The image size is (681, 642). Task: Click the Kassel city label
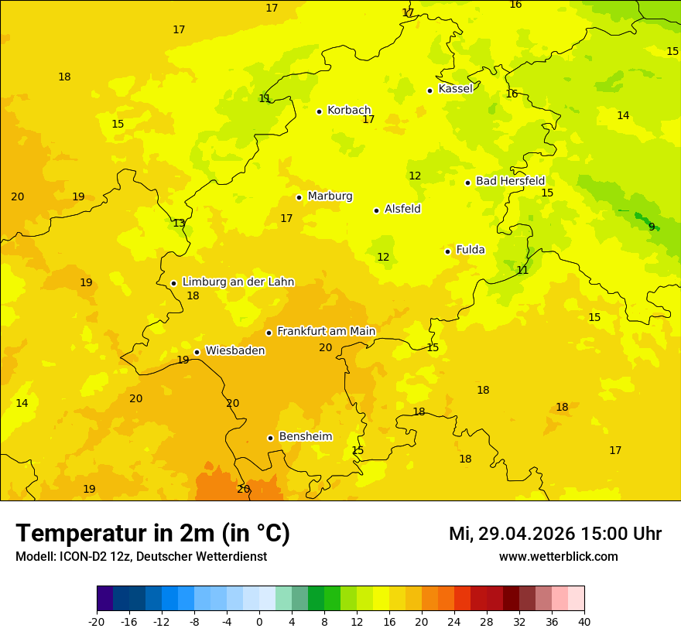tap(455, 89)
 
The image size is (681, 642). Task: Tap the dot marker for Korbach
tap(319, 111)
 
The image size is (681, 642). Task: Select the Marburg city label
tap(330, 196)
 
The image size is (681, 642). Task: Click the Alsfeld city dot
tap(376, 210)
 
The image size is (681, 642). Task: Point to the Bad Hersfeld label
tap(510, 181)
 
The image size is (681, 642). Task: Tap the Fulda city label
tap(471, 250)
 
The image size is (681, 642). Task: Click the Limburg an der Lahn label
tap(238, 282)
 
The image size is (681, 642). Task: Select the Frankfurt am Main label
tap(326, 331)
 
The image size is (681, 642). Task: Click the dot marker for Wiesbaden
tap(197, 352)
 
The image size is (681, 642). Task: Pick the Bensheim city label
tap(305, 436)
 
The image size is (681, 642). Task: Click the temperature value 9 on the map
tap(652, 227)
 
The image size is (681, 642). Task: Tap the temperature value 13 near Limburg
tap(179, 224)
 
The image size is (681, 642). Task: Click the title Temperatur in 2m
tap(152, 534)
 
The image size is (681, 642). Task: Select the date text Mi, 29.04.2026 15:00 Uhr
tap(555, 534)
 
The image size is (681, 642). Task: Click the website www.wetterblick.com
tap(558, 557)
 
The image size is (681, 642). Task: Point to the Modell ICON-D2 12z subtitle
tap(141, 557)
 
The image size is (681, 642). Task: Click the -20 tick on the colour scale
tap(97, 622)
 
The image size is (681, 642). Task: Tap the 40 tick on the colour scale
tap(584, 622)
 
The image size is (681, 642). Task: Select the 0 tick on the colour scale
tap(259, 622)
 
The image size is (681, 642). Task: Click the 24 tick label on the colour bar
tap(454, 622)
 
